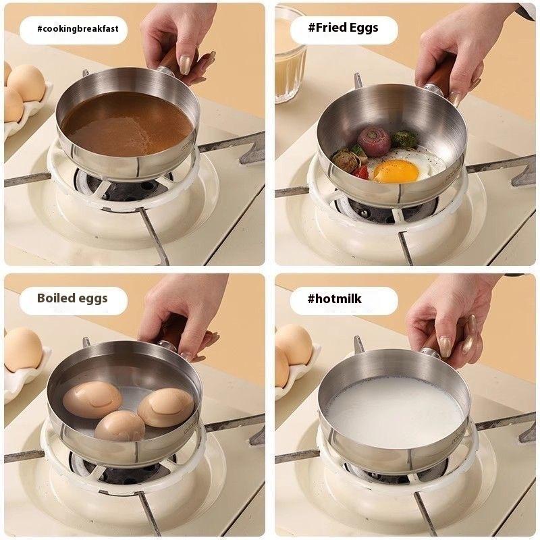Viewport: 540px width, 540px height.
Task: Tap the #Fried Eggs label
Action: click(x=344, y=28)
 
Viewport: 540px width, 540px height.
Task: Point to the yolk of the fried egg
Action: click(x=396, y=171)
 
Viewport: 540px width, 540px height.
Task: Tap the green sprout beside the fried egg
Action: click(x=404, y=140)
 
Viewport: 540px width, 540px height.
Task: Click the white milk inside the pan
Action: click(x=394, y=410)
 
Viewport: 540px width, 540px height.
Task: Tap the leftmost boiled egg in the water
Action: click(x=92, y=399)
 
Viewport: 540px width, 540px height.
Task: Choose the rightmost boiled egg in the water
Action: click(x=165, y=407)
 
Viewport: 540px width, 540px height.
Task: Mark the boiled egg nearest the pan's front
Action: click(x=119, y=426)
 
